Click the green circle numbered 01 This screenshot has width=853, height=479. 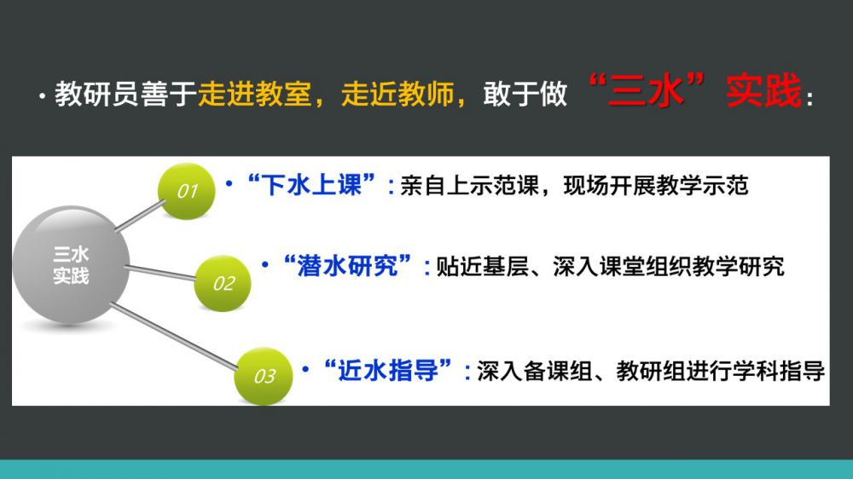pyautogui.click(x=187, y=191)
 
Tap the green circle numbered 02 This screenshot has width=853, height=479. pyautogui.click(x=223, y=283)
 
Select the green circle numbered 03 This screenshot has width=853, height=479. pyautogui.click(x=264, y=376)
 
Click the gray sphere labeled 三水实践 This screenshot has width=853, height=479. pyautogui.click(x=71, y=265)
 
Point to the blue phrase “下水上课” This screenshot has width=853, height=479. pyautogui.click(x=311, y=186)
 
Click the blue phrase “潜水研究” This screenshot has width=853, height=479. pyautogui.click(x=347, y=267)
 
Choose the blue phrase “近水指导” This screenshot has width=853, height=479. pyautogui.click(x=387, y=371)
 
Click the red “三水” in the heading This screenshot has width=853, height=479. pyautogui.click(x=647, y=89)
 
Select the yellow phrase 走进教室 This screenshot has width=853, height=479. pyautogui.click(x=254, y=94)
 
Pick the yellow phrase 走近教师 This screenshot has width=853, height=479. pyautogui.click(x=397, y=94)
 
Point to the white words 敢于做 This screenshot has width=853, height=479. pyautogui.click(x=525, y=94)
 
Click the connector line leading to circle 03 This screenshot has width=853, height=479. pyautogui.click(x=174, y=337)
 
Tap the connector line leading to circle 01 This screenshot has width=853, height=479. pyautogui.click(x=141, y=216)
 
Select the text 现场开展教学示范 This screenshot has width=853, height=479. pyautogui.click(x=656, y=186)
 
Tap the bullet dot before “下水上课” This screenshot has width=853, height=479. pyautogui.click(x=229, y=184)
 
